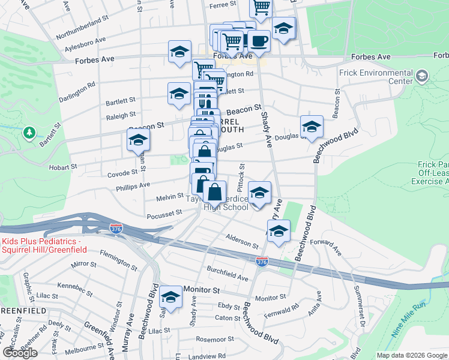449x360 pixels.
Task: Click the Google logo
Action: (20, 352)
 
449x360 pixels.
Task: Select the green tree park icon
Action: (29, 132)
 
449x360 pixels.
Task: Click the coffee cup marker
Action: (259, 41)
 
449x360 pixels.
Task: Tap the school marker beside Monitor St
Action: (171, 298)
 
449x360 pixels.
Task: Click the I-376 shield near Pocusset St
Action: (117, 229)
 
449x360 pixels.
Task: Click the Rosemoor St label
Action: (215, 339)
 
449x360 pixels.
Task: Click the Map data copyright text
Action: (411, 355)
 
